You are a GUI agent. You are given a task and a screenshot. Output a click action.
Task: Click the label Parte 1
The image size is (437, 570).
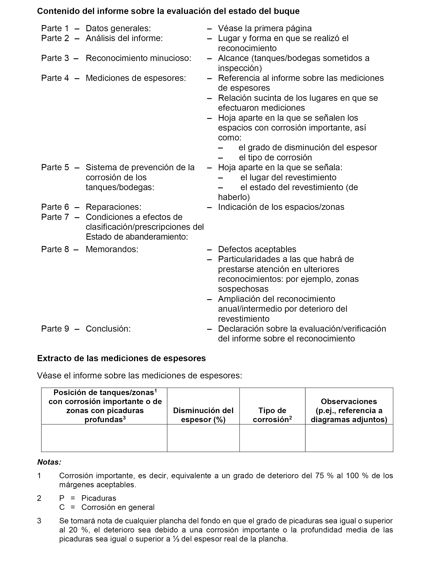point(55,28)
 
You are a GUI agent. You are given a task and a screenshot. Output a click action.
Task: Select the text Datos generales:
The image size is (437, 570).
point(118,28)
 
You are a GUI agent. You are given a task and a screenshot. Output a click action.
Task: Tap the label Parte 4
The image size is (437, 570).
point(55,78)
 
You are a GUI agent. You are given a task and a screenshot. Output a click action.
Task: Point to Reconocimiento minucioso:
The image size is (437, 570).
point(138,58)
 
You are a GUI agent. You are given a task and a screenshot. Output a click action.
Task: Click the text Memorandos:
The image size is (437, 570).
point(112,249)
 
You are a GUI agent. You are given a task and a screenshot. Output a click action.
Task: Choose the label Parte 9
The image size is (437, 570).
point(55,329)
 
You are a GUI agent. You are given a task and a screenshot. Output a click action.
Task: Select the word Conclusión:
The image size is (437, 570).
point(108,329)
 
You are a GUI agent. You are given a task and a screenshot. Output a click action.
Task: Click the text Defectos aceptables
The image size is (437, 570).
point(257,249)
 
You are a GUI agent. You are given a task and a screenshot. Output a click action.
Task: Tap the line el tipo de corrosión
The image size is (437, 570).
point(275,157)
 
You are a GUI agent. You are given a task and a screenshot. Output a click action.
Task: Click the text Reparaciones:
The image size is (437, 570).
point(113,207)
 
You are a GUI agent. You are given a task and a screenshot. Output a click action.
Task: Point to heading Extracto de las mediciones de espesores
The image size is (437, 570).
point(121,358)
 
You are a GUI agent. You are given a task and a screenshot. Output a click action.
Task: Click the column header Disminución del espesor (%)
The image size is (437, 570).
point(203,415)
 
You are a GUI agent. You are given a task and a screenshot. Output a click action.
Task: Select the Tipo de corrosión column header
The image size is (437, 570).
point(272,415)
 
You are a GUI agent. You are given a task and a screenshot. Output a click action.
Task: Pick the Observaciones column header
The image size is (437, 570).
point(349,410)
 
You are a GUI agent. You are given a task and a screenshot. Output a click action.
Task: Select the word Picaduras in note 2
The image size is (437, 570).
point(99,498)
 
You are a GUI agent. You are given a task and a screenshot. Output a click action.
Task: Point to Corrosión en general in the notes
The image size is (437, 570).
point(118,507)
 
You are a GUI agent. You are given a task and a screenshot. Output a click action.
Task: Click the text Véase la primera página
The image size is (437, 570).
point(265,28)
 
